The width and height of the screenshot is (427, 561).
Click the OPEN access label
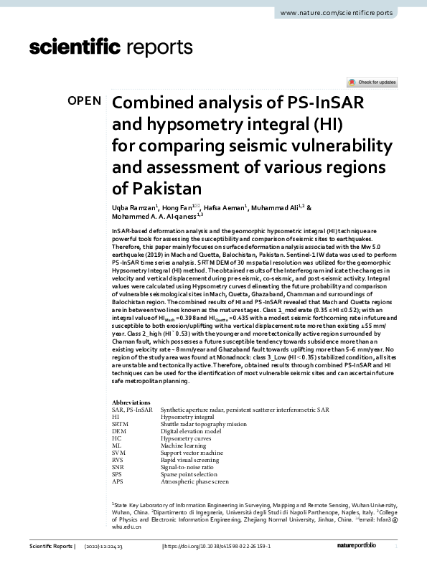tap(84, 101)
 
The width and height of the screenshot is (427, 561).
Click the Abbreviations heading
tap(131, 403)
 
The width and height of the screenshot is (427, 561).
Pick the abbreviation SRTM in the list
tap(120, 423)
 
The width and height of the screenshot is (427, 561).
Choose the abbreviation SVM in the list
tap(119, 453)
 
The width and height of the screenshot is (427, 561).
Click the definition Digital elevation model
tap(192, 431)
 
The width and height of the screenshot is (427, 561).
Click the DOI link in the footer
tap(218, 547)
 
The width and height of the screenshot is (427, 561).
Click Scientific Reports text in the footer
tap(51, 547)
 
